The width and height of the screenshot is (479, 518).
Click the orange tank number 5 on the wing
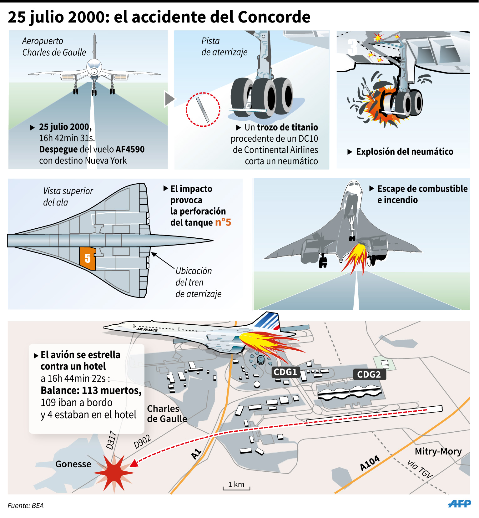88,258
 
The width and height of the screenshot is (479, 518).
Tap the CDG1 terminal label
285,372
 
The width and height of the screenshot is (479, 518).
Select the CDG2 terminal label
369,374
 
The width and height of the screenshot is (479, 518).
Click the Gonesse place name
73,464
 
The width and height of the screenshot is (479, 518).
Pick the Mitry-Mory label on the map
438,451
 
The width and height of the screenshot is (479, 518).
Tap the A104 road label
370,463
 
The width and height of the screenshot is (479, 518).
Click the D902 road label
142,442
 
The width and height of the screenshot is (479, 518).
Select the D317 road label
112,440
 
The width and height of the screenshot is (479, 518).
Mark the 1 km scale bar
236,487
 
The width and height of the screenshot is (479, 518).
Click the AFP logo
459,503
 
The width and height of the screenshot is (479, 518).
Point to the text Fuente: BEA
26,505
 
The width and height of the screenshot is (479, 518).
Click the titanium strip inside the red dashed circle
203,109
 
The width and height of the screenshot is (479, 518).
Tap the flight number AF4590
130,149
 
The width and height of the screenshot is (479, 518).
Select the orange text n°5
223,222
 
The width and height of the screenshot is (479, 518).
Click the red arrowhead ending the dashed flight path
134,463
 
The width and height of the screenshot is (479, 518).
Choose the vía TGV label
420,469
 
